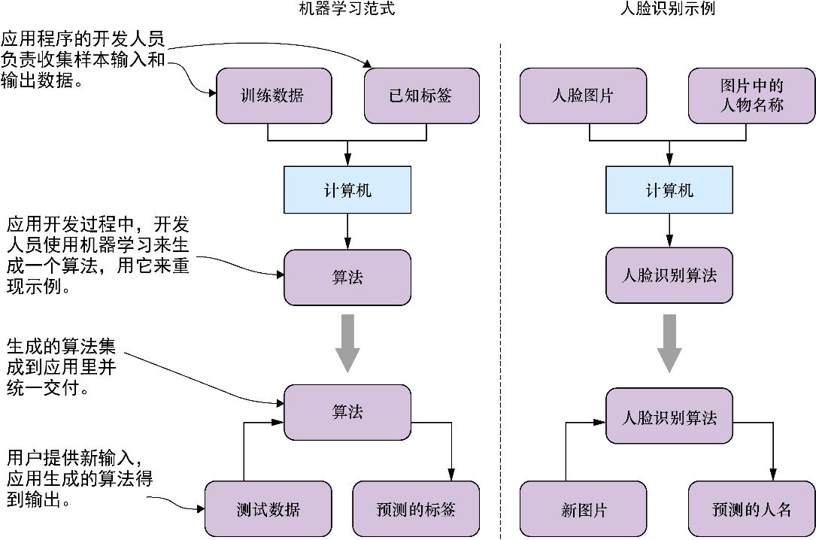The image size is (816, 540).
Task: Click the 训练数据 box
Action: pyautogui.click(x=273, y=96)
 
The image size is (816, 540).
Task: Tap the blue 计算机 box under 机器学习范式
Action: pyautogui.click(x=347, y=190)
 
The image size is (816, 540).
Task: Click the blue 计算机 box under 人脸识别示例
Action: pyautogui.click(x=669, y=190)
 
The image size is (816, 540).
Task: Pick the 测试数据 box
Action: pyautogui.click(x=267, y=509)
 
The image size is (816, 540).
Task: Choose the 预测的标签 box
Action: pyautogui.click(x=416, y=509)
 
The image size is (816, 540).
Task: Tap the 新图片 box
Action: pyautogui.click(x=584, y=509)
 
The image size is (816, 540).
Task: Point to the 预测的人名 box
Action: pyautogui.click(x=751, y=509)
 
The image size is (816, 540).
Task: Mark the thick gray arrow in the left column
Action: pyautogui.click(x=347, y=342)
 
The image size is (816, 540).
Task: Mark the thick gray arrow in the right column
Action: pyautogui.click(x=669, y=342)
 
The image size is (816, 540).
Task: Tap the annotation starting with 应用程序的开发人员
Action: pyautogui.click(x=83, y=60)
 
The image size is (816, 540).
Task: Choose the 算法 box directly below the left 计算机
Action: pyautogui.click(x=347, y=276)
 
